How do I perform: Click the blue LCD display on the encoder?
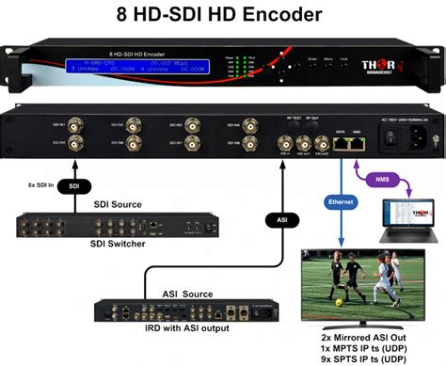137,65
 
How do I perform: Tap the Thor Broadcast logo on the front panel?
381,67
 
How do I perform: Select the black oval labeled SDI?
74,187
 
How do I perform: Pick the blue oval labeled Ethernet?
337,201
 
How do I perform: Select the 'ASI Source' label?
178,293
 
